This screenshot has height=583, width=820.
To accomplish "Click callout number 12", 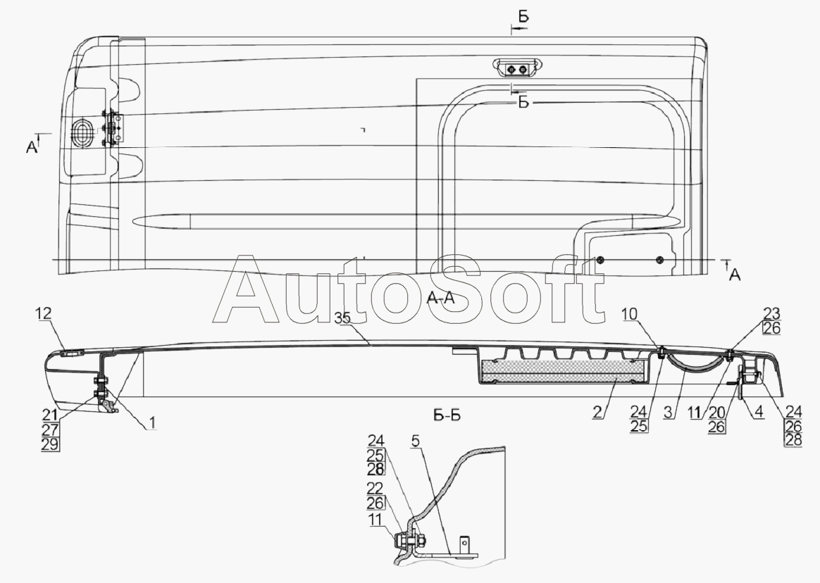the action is [x=44, y=314].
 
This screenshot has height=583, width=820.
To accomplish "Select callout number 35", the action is [x=343, y=318].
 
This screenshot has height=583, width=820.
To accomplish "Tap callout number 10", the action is [x=630, y=314].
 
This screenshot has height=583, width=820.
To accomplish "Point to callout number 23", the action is [x=772, y=314].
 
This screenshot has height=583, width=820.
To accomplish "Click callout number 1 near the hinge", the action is [x=151, y=423].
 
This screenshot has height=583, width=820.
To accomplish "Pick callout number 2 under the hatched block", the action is [x=598, y=412].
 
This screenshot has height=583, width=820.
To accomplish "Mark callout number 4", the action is [x=758, y=412].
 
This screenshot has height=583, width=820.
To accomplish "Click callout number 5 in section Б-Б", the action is [x=415, y=441].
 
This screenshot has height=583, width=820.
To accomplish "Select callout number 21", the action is [x=51, y=416].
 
